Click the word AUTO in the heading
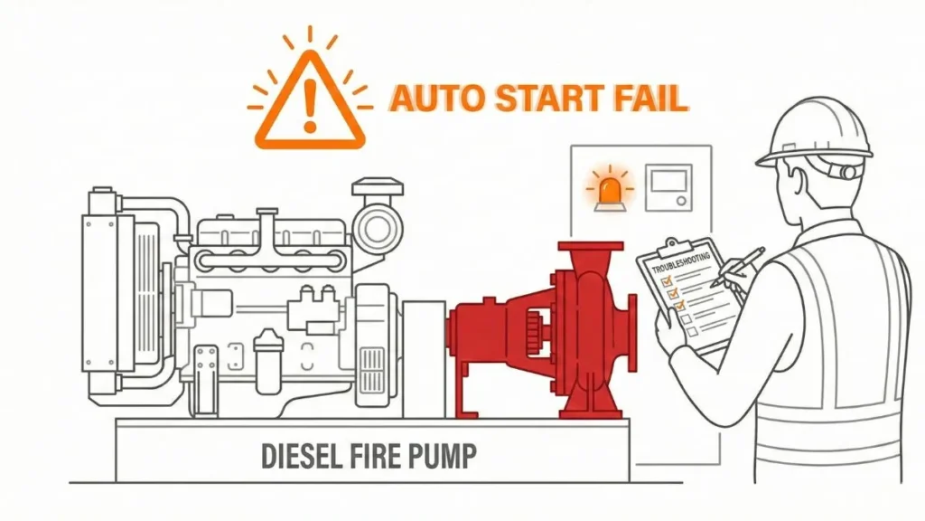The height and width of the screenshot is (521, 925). click(431, 99)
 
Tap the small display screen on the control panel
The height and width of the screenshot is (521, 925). click(668, 187)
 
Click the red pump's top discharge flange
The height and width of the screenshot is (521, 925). click(591, 248)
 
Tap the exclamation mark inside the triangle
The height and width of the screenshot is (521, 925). click(311, 104)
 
